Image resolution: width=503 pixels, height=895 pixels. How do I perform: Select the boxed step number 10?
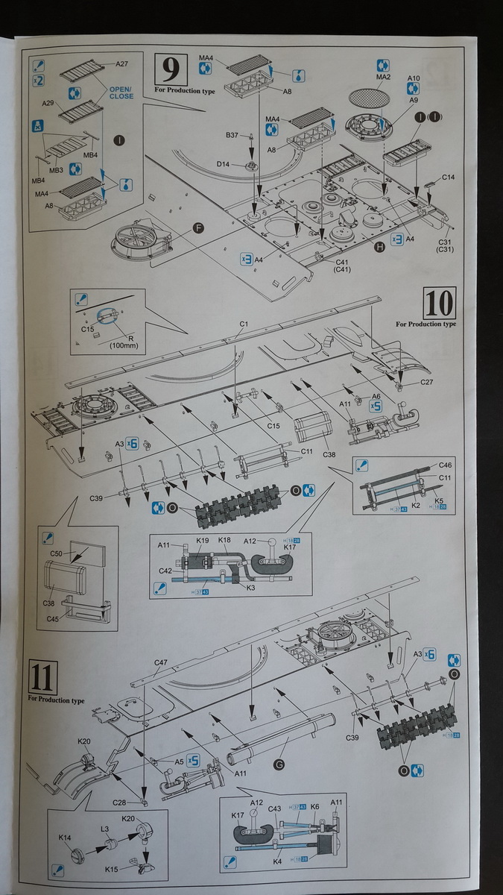tap(440, 303)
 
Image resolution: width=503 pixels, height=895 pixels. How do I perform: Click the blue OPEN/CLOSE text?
tap(121, 92)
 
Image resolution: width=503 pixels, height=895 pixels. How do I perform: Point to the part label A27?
tap(122, 64)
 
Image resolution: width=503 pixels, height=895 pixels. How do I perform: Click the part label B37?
tap(232, 135)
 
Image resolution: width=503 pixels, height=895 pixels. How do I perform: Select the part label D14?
tap(224, 163)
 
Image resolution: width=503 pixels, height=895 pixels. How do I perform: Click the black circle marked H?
tap(380, 248)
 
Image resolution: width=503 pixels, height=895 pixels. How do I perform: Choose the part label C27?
tap(427, 383)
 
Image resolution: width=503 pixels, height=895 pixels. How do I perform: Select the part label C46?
tap(446, 465)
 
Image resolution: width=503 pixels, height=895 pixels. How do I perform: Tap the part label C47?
tap(161, 662)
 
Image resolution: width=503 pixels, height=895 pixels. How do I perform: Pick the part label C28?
tap(127, 802)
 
